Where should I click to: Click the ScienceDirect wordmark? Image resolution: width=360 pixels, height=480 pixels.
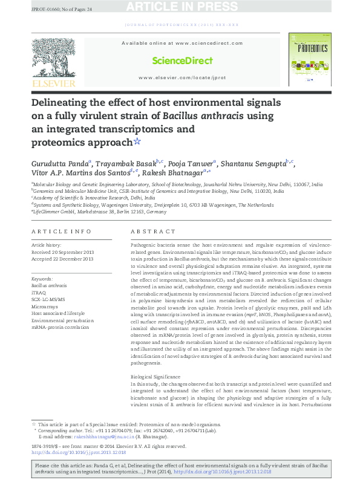182,60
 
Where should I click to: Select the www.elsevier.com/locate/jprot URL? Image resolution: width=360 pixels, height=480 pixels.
182,78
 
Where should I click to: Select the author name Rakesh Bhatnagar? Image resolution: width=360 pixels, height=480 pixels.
178,172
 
